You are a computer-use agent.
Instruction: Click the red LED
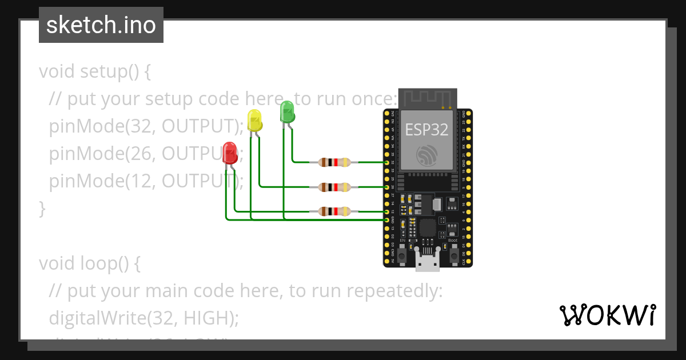(230, 153)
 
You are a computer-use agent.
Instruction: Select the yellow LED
(254, 120)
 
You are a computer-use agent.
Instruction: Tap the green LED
(286, 111)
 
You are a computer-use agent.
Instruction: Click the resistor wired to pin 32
(334, 162)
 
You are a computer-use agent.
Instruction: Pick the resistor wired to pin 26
(334, 187)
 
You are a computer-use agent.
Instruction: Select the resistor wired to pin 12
(334, 211)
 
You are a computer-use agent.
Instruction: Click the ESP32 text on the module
(426, 130)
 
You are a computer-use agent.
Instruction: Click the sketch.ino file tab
(101, 25)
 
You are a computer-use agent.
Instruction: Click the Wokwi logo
(607, 315)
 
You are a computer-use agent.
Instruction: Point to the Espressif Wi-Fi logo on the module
(427, 155)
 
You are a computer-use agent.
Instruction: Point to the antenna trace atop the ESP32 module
(427, 98)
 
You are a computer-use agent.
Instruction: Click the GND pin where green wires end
(387, 220)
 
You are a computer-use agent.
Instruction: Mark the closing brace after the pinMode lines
(42, 208)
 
